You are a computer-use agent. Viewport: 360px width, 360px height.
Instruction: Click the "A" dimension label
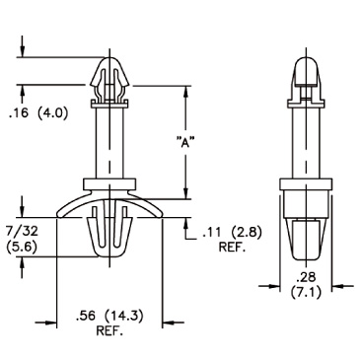(184, 143)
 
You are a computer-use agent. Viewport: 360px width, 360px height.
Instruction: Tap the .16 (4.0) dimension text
(38, 113)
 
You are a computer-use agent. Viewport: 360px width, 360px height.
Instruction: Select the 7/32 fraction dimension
(22, 232)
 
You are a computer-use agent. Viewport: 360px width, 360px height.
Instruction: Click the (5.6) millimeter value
(22, 247)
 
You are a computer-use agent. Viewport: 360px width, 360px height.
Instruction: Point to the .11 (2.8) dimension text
(232, 233)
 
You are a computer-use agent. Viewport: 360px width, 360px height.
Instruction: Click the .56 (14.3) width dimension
(109, 317)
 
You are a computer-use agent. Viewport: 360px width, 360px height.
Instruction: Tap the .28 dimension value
(306, 278)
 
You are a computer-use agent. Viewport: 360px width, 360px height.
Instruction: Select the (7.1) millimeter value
(306, 292)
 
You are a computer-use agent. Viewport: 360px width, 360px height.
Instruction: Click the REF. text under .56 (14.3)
(109, 331)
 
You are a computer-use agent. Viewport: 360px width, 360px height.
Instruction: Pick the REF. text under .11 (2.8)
(232, 248)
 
